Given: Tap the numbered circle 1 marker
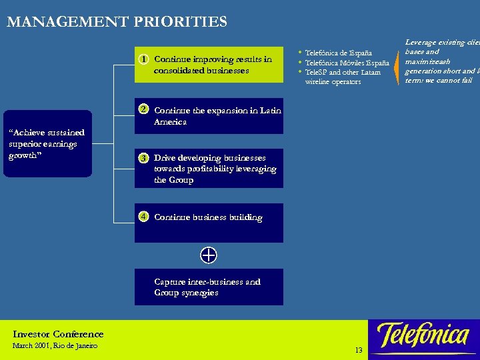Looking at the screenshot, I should coord(143,59).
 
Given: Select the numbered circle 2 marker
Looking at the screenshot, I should coord(143,109).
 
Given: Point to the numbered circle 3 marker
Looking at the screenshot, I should coord(143,159).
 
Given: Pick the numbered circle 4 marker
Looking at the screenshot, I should coord(143,217).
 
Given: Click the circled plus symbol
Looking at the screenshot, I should coord(208,255).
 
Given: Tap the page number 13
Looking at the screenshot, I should coord(359,351).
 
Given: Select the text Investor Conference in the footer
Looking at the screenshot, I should coord(58,334).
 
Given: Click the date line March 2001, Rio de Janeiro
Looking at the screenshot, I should coord(55,346).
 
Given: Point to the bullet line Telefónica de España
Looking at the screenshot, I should coord(338,53).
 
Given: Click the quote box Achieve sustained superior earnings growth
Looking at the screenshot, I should coord(47,143).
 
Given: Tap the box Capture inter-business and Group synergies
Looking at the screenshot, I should coord(208,287).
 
